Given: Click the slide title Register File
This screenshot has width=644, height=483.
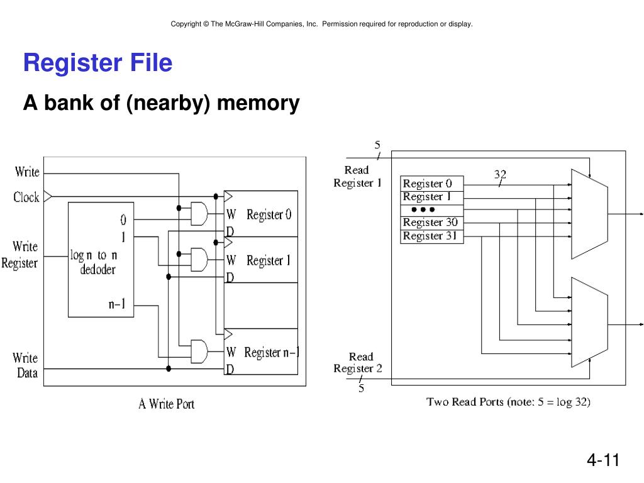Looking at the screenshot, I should pyautogui.click(x=97, y=64).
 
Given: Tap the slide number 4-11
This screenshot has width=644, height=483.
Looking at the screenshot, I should pyautogui.click(x=603, y=460).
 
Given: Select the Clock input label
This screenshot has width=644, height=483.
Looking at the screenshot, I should pyautogui.click(x=26, y=197).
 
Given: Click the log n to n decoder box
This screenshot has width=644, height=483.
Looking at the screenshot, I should pyautogui.click(x=101, y=259).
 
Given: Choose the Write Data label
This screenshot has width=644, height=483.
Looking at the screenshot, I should pyautogui.click(x=25, y=365).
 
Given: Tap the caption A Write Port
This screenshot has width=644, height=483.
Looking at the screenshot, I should pyautogui.click(x=166, y=404).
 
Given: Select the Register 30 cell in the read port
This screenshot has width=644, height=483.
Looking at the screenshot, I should pyautogui.click(x=431, y=223).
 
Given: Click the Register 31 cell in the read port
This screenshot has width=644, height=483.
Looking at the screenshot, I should pyautogui.click(x=431, y=236).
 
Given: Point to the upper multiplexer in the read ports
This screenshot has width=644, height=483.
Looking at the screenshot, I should pyautogui.click(x=589, y=214).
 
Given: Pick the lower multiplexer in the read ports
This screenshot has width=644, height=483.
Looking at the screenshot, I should pyautogui.click(x=589, y=322).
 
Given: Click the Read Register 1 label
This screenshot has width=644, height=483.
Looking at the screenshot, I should pyautogui.click(x=357, y=177).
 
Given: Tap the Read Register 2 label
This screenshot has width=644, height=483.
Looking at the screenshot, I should pyautogui.click(x=358, y=363).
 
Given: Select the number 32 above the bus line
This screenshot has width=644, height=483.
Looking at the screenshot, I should pyautogui.click(x=500, y=174).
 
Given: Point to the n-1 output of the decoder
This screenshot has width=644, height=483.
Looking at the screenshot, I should pyautogui.click(x=117, y=304).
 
